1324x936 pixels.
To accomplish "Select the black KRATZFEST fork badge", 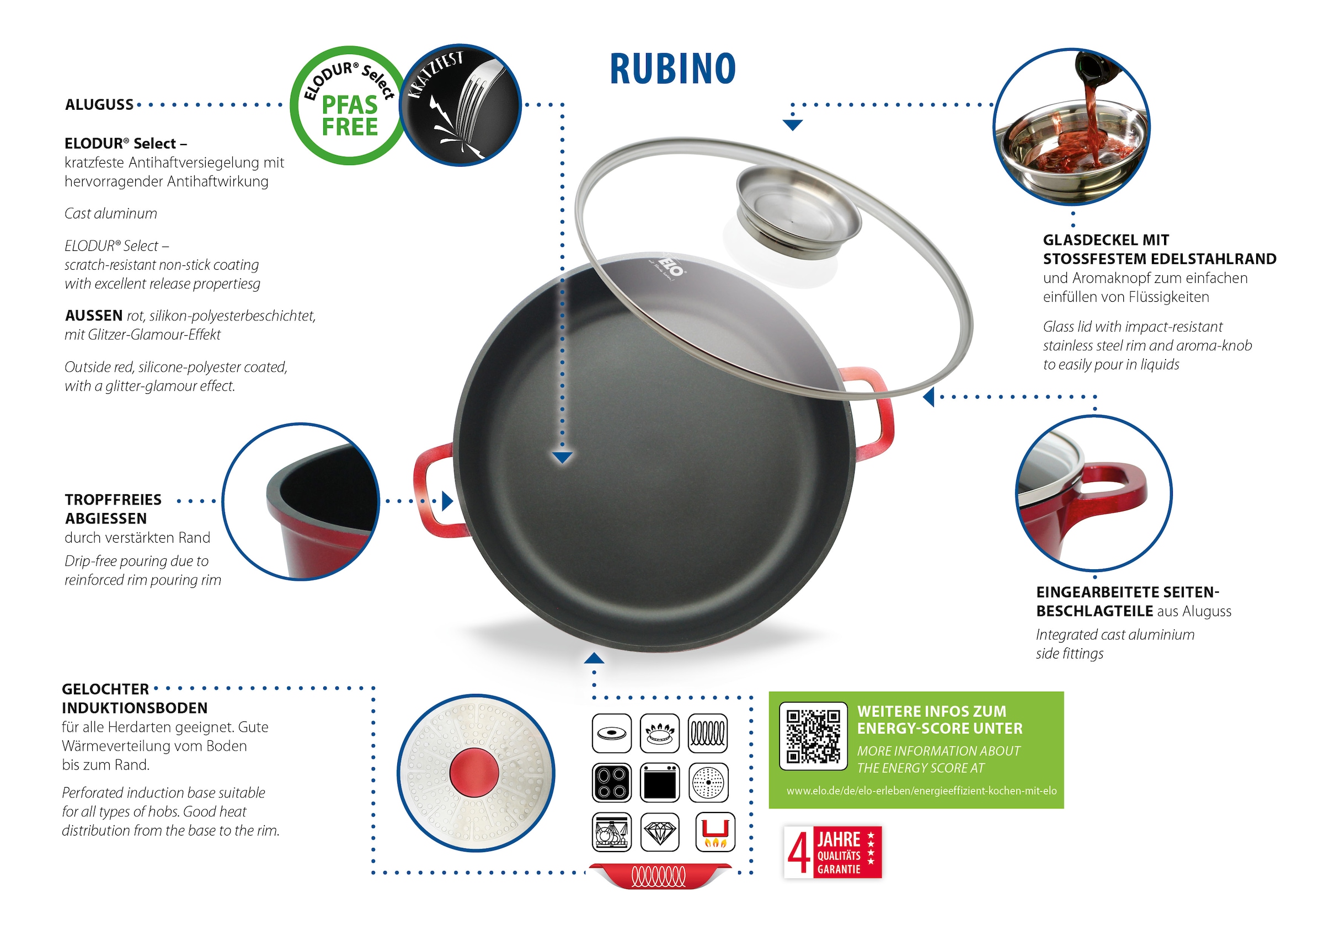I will coord(460,105).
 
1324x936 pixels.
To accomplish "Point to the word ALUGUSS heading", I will coord(99,105).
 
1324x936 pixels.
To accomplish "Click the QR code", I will coord(813,736).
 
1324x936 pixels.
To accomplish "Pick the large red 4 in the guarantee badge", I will coord(799,852).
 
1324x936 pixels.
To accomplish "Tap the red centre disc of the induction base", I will coord(474,772).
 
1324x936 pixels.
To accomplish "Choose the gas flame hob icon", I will coord(660,734).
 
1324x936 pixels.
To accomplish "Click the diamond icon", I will coord(660,833).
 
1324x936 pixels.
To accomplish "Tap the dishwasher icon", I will coord(611,833).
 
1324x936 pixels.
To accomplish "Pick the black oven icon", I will coord(660,783).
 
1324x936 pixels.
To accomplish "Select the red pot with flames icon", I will coord(715,833).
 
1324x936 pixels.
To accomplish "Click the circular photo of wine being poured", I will coord(1071,127).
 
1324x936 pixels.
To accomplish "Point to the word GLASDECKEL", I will coord(1084,240).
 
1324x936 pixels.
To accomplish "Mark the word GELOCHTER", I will coord(105,689).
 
